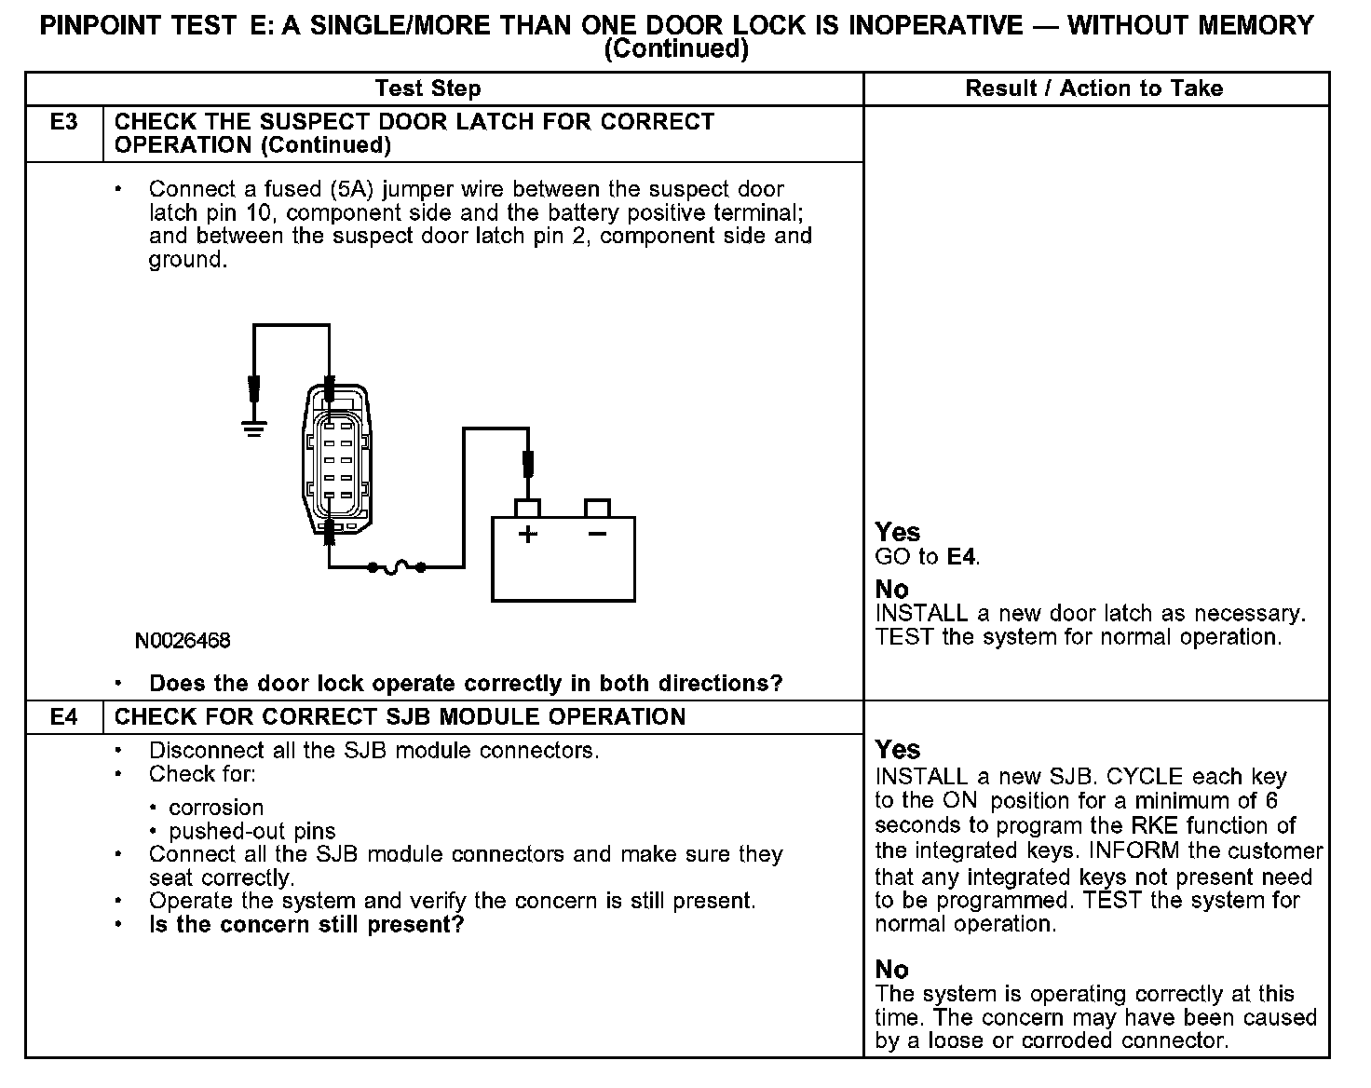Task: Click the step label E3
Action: [63, 122]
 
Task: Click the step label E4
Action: [63, 717]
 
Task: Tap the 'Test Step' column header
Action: [428, 88]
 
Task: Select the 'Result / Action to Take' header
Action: [1094, 88]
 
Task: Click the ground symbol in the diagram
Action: [253, 428]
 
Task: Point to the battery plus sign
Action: [528, 535]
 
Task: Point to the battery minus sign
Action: [597, 534]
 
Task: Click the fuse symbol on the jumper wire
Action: [397, 566]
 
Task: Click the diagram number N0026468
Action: [183, 641]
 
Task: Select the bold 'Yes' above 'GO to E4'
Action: [898, 533]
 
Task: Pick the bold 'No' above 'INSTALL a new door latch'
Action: [892, 590]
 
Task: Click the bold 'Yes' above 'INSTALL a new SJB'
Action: [898, 751]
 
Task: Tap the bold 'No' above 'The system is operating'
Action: [892, 970]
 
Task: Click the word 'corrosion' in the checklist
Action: [216, 808]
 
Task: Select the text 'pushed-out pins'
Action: [252, 831]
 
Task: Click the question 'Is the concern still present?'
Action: [306, 925]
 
